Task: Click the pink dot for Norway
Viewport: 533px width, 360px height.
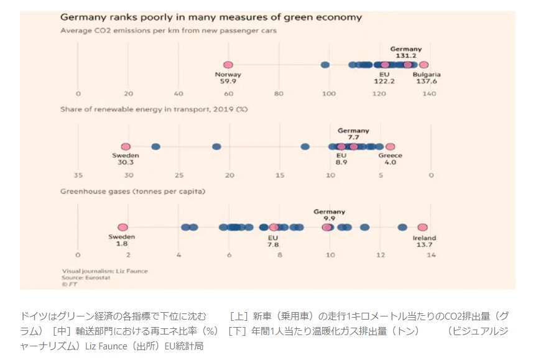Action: tap(228, 65)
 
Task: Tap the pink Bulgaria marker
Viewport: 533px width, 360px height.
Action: tap(424, 65)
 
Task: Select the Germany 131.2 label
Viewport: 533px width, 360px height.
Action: tap(406, 52)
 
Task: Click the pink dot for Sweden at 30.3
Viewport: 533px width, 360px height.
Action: tap(126, 147)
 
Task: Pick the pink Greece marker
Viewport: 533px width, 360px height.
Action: tap(390, 147)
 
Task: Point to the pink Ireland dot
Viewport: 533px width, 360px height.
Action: tap(422, 228)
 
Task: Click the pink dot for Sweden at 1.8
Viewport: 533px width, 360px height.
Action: tap(123, 228)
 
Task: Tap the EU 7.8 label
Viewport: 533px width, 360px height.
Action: tap(273, 241)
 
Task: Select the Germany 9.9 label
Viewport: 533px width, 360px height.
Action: tap(329, 215)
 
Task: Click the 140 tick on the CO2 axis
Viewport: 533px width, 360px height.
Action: tap(429, 93)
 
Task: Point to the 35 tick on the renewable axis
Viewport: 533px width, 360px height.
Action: tap(78, 175)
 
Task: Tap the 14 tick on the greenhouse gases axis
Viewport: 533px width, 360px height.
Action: tap(430, 255)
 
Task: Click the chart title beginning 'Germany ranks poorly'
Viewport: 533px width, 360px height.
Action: tap(211, 17)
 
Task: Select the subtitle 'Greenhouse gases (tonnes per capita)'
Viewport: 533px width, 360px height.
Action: tap(132, 191)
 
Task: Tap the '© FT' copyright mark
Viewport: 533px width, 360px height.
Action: tap(67, 284)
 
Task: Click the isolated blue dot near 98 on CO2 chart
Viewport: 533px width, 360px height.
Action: tap(325, 65)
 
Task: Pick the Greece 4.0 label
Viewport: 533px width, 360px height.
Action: tap(390, 159)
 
